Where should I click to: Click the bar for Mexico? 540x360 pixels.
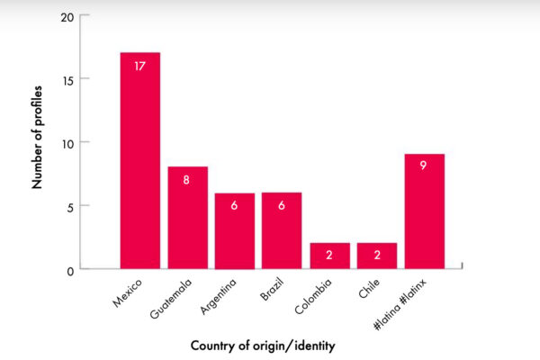click(x=140, y=162)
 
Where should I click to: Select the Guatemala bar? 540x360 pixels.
click(x=187, y=218)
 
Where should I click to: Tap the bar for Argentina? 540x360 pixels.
click(x=234, y=231)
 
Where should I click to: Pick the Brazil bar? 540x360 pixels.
click(x=282, y=231)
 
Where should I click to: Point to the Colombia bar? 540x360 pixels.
click(x=329, y=256)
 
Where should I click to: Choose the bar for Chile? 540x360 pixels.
click(x=377, y=256)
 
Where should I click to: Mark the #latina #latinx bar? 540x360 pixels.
click(x=424, y=211)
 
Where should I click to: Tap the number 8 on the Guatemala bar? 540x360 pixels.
click(x=187, y=180)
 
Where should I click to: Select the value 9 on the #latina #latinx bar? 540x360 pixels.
click(x=424, y=166)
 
